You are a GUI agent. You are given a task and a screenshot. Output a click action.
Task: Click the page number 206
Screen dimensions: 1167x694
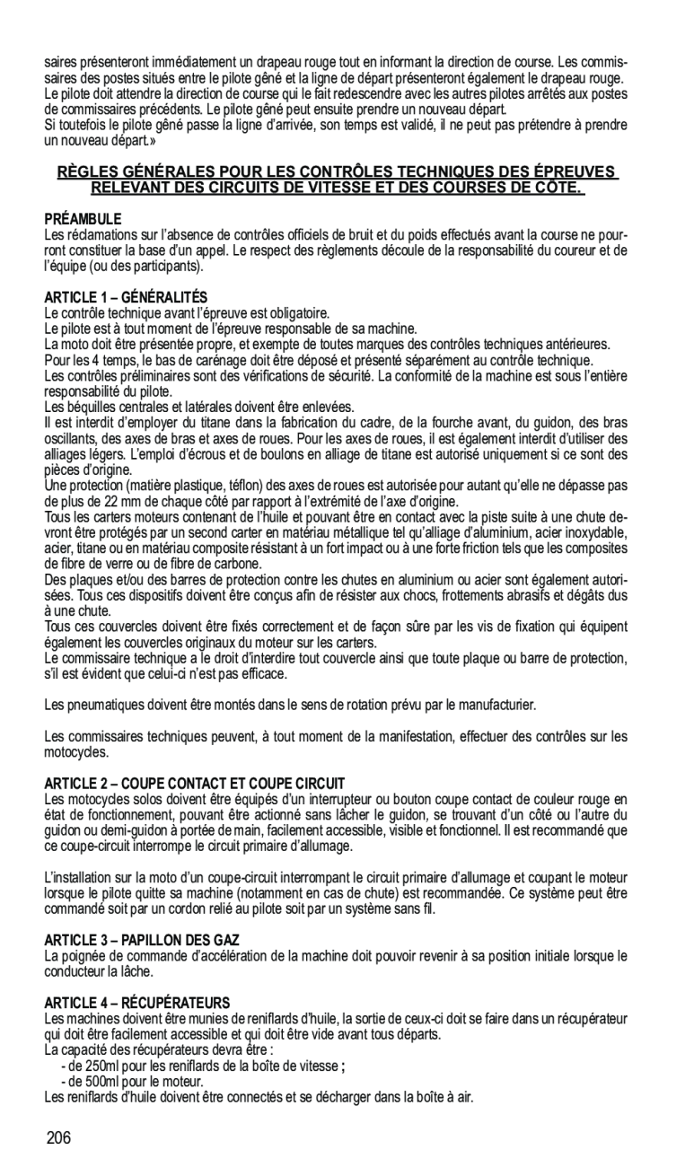pos(57,1139)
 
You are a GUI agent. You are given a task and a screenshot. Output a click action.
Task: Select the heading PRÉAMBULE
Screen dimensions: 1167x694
pos(83,219)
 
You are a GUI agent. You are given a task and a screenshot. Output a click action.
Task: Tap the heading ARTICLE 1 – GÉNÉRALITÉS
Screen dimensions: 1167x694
pos(126,296)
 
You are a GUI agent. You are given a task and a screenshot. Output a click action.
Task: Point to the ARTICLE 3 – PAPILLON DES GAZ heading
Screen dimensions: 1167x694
pos(142,939)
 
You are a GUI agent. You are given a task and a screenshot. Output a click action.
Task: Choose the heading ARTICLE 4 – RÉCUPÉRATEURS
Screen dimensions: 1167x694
pos(137,1002)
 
